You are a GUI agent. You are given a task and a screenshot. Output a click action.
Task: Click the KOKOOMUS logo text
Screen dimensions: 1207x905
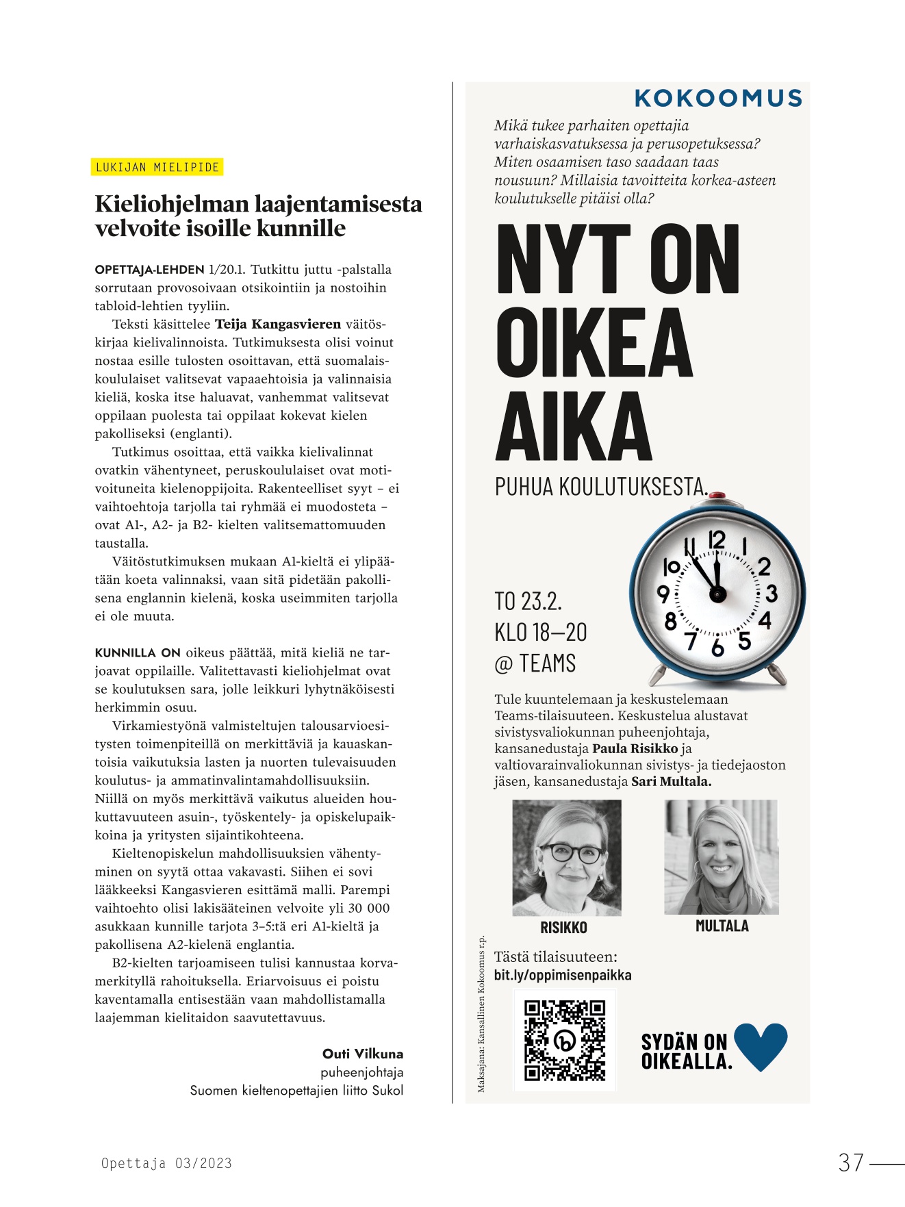coord(718,99)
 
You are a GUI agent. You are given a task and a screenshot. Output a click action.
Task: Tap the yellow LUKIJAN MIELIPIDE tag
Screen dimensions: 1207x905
coord(157,167)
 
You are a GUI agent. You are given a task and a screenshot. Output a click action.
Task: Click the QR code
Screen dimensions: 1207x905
coord(565,1041)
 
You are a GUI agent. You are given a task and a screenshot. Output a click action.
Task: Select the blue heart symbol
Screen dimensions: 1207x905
coord(761,1046)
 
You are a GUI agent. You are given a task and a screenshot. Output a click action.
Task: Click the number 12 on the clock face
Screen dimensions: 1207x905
coord(716,540)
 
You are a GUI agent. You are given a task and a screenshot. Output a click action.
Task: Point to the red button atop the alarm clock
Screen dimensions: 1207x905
coord(717,495)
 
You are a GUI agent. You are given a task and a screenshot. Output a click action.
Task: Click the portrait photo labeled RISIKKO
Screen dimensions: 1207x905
coord(567,857)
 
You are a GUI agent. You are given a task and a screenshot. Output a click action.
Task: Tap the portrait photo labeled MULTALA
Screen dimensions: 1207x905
coord(722,856)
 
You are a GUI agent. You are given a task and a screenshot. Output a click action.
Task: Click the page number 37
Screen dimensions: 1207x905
coord(851,1163)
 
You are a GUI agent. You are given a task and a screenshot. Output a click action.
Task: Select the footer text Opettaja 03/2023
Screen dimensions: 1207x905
coord(166,1163)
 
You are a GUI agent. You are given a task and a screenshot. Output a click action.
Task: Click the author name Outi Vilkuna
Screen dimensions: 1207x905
coord(363,1054)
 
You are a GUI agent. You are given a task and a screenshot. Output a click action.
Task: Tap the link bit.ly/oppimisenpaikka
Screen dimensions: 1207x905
coord(563,975)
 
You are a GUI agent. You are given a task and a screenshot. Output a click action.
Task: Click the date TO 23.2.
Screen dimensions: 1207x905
coord(528,601)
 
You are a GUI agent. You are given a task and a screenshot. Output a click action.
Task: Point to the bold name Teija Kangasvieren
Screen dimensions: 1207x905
coord(278,324)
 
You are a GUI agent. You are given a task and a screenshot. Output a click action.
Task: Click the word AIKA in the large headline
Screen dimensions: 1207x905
coord(574,427)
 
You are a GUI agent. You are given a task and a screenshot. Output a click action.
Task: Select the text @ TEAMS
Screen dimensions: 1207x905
coord(535,663)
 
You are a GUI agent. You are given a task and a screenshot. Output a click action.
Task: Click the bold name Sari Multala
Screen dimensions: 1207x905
coord(671,781)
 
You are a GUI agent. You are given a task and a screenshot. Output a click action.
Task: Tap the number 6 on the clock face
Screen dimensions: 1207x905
coord(717,647)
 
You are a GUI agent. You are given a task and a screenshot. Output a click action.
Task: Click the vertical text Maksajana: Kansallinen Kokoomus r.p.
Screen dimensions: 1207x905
coord(481,1013)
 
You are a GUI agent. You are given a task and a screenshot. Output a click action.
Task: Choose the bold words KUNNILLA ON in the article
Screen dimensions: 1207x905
coord(138,652)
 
